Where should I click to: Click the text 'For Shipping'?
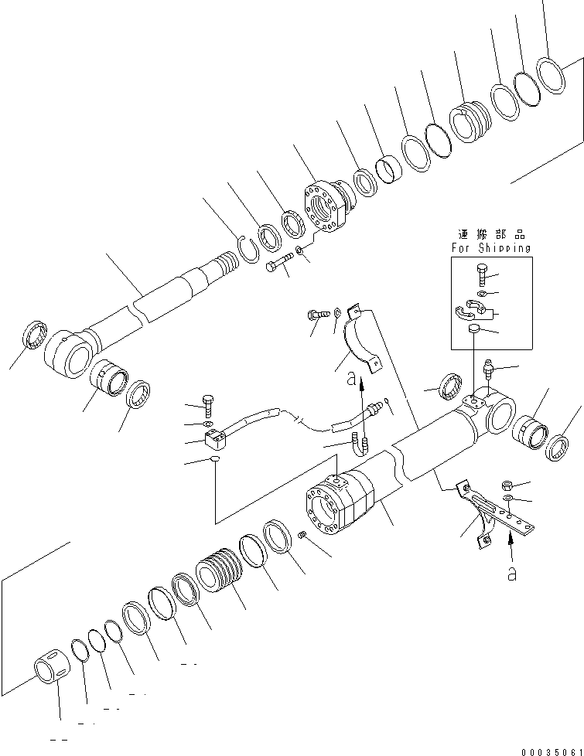pos(491,248)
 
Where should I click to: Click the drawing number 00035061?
pos(550,751)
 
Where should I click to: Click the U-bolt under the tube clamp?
pos(360,446)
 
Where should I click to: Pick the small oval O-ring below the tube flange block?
pos(213,462)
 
